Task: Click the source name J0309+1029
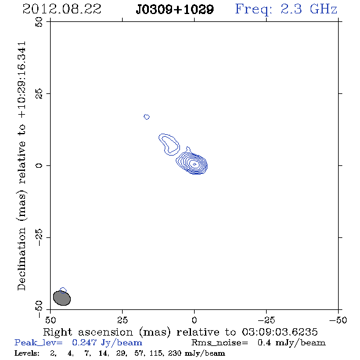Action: (x=175, y=10)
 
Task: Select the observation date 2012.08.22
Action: (x=62, y=9)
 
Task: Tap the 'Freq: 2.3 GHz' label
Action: (x=286, y=10)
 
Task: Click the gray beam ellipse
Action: (x=62, y=298)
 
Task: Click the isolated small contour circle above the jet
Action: (x=146, y=117)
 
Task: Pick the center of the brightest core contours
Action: (x=195, y=164)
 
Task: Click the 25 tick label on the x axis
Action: (x=122, y=320)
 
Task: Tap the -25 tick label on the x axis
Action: (x=266, y=320)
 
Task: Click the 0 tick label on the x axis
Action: (x=194, y=320)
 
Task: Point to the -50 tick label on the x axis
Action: (x=338, y=320)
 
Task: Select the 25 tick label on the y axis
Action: (x=39, y=94)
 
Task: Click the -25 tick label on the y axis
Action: (x=39, y=237)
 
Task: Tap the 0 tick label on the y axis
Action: (x=39, y=165)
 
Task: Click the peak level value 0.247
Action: (x=84, y=342)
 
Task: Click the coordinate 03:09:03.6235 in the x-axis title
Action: (x=279, y=332)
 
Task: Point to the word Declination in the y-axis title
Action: (x=21, y=259)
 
